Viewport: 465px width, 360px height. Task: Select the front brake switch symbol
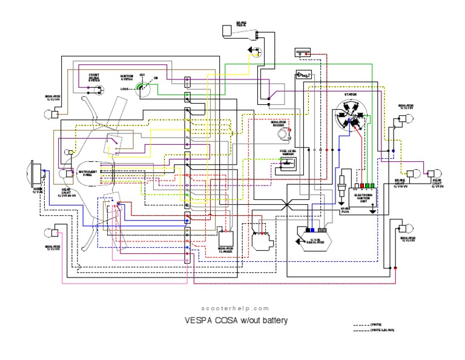pos(97,88)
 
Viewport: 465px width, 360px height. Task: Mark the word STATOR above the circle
pos(351,95)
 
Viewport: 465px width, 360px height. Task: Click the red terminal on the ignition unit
pos(360,185)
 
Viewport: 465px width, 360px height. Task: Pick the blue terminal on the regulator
pos(309,230)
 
